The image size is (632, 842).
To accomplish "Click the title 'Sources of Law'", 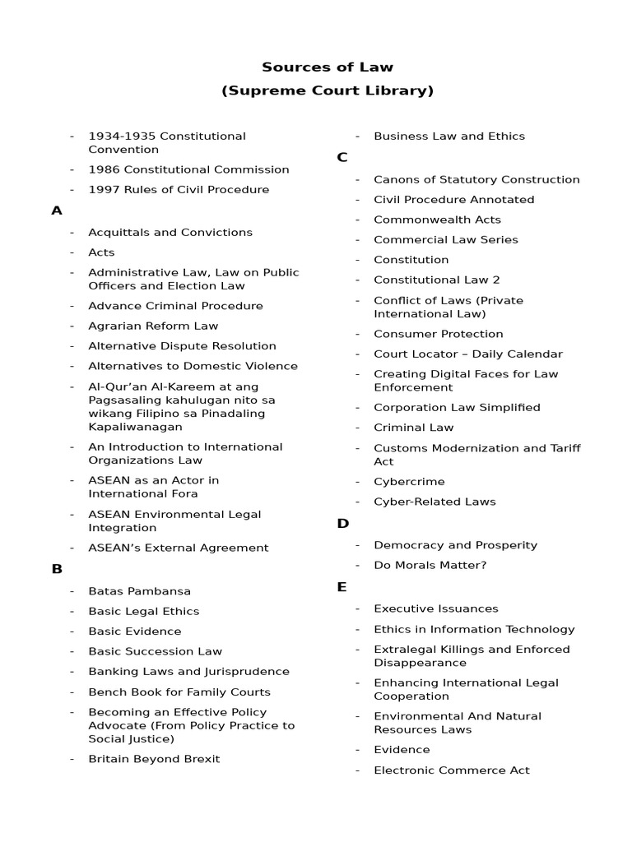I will click(328, 67).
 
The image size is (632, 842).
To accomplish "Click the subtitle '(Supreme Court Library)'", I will click(328, 90).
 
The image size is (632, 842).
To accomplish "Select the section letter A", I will click(57, 210).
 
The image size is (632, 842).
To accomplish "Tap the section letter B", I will click(57, 569).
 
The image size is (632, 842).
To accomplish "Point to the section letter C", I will click(342, 157).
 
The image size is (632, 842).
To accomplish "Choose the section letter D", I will click(343, 524).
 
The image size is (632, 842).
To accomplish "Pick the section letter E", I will click(342, 587).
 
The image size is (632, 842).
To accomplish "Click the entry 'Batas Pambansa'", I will click(139, 591).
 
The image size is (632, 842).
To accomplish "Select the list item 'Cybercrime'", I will click(409, 482).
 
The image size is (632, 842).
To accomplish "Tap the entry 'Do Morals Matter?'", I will click(430, 565).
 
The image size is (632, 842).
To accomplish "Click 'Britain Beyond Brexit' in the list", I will click(154, 759).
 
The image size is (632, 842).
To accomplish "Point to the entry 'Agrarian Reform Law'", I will click(153, 326).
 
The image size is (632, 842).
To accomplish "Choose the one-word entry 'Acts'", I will click(101, 252).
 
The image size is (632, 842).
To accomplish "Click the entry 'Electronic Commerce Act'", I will click(451, 770).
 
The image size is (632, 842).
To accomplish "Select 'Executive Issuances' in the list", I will click(435, 608).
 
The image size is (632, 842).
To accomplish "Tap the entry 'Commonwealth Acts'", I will click(437, 220).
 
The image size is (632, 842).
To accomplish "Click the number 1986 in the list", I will click(104, 169).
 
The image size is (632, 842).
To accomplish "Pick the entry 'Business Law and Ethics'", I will click(448, 136).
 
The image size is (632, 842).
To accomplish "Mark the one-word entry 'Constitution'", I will click(411, 260).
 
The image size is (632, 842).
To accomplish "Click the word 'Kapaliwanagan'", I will click(135, 427).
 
